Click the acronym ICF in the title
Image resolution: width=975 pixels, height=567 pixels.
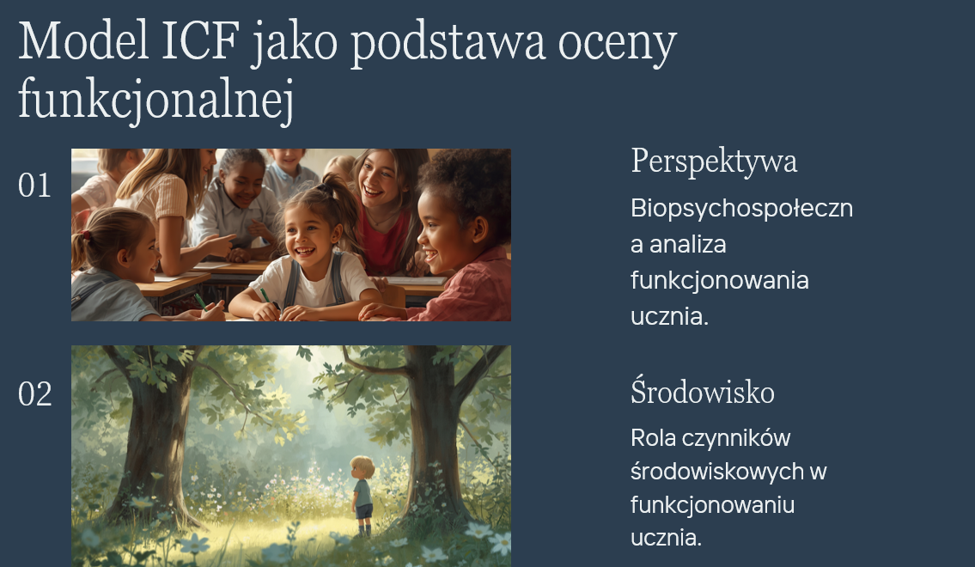[x=200, y=41]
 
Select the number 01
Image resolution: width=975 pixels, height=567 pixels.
[x=35, y=186]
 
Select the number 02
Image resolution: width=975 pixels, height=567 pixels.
[x=35, y=394]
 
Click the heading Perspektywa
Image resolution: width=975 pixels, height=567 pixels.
[x=714, y=162]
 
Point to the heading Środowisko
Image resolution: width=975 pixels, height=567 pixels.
[x=703, y=392]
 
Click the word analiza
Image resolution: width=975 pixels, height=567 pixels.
[x=688, y=244]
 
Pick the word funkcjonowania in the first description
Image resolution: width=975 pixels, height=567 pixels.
[x=719, y=280]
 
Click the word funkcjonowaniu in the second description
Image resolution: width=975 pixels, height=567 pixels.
[x=713, y=505]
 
